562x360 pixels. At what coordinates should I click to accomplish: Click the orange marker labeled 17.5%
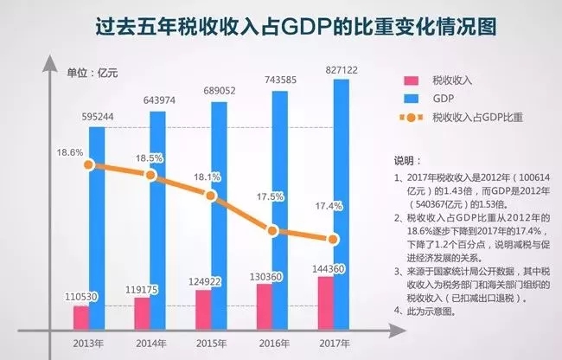pyautogui.click(x=272, y=230)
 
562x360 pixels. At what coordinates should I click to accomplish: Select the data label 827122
pyautogui.click(x=332, y=69)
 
